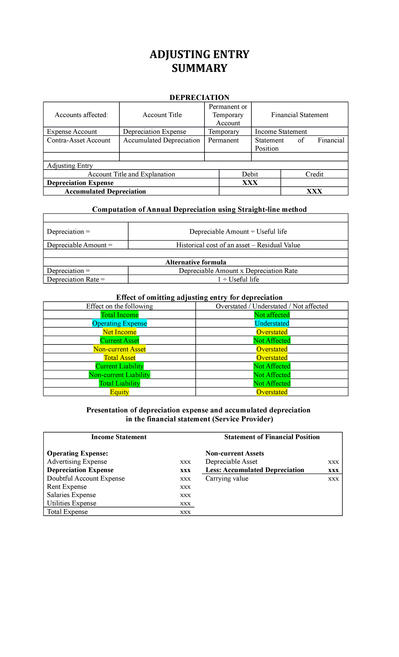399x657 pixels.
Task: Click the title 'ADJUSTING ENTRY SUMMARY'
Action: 199,61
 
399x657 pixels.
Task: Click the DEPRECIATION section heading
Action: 199,97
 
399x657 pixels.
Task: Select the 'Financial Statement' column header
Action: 300,115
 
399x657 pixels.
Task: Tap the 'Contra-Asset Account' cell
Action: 79,140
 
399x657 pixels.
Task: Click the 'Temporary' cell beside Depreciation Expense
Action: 223,132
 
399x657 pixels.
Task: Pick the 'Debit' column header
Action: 250,174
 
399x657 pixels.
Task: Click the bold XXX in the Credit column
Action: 314,192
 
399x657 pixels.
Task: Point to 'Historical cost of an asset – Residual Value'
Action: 238,245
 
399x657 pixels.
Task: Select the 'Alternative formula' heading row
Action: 196,262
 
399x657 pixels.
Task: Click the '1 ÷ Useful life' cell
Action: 238,279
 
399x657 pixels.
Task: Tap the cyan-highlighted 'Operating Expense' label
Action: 119,324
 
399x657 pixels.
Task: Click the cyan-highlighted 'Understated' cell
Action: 272,324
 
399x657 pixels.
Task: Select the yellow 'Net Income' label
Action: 119,332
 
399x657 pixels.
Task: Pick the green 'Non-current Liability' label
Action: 119,375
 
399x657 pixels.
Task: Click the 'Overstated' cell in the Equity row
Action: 272,392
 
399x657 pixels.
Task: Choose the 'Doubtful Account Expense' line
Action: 86,478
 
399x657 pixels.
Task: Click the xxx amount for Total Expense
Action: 185,512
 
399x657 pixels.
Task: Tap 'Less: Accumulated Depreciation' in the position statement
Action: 255,470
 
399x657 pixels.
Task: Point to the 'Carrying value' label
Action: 227,478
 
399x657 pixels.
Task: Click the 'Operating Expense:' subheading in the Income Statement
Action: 77,454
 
